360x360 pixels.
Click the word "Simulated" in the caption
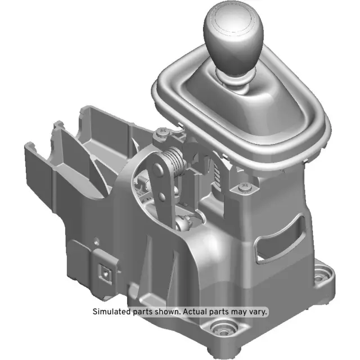(111, 311)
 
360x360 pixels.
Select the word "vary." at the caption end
(258, 311)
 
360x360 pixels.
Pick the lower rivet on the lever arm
(163, 196)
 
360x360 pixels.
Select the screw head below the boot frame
(244, 186)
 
